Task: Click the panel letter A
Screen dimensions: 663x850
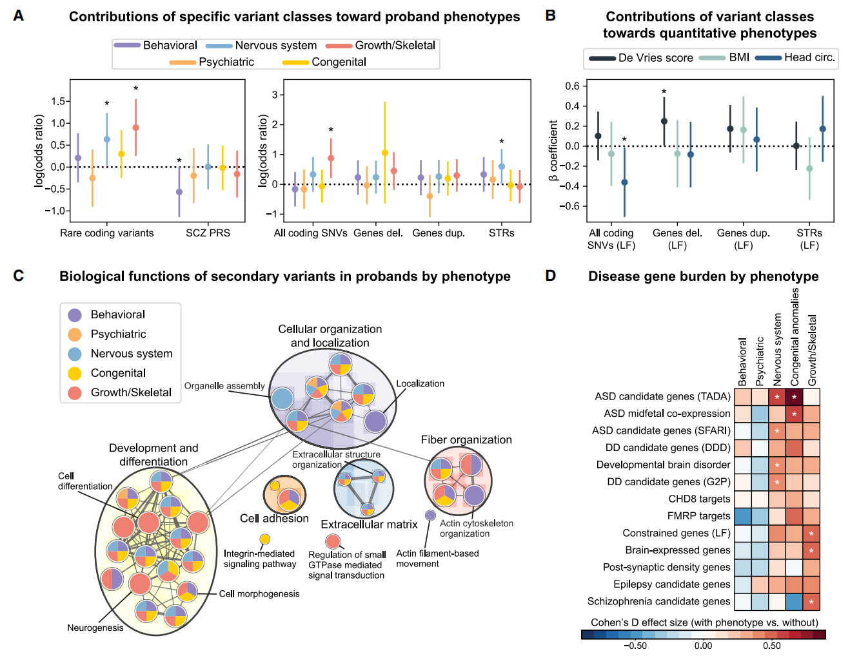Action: [19, 15]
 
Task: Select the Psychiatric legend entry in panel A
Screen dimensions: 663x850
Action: [226, 62]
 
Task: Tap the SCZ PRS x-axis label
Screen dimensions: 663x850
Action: [208, 233]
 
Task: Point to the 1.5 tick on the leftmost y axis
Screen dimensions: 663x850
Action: [58, 101]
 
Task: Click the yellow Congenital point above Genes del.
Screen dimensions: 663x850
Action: [385, 153]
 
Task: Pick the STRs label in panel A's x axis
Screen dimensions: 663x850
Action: [501, 233]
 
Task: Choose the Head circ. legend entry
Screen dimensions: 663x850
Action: [809, 57]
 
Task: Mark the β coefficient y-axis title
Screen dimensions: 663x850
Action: [553, 150]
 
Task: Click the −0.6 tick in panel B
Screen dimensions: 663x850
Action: [571, 206]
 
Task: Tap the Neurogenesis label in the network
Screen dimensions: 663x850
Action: [95, 628]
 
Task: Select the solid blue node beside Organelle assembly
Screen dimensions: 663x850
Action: [282, 398]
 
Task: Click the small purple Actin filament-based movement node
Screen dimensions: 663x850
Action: [430, 515]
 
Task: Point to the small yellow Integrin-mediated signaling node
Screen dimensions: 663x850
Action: [264, 539]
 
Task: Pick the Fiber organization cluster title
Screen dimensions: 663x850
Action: [466, 440]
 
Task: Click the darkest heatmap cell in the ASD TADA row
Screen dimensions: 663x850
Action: [795, 397]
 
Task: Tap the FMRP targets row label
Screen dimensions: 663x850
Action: [698, 516]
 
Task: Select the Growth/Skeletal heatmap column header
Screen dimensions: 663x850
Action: [813, 350]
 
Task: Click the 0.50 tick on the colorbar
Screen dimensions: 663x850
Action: [771, 646]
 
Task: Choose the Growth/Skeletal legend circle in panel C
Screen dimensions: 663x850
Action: [75, 392]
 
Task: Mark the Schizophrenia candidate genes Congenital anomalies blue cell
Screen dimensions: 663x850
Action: [795, 602]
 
